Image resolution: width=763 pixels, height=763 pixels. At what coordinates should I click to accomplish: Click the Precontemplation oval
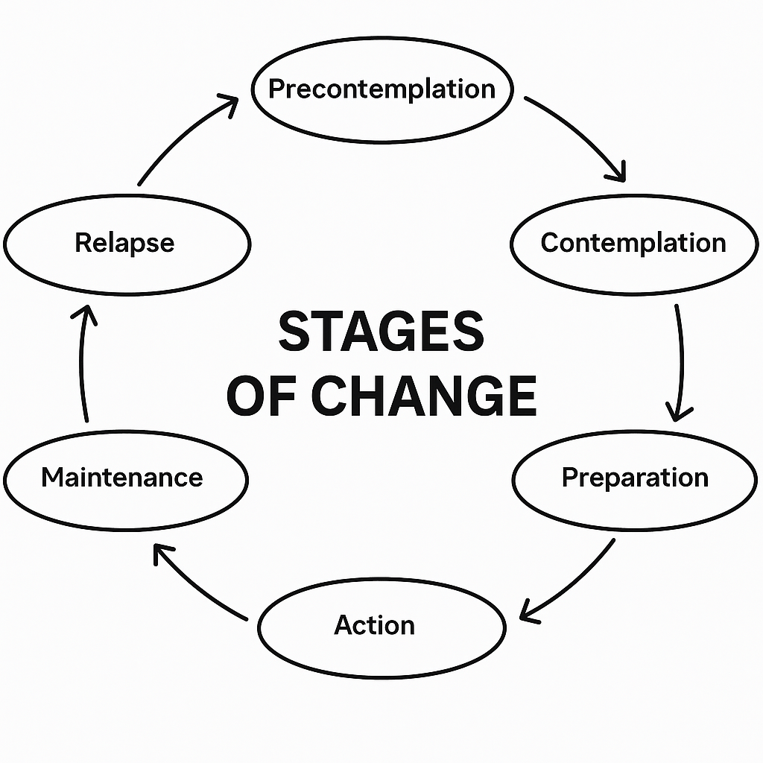tap(381, 89)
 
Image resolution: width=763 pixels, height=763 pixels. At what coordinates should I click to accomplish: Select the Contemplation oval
tap(633, 243)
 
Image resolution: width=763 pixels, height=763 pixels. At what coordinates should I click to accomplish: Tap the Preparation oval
tap(635, 477)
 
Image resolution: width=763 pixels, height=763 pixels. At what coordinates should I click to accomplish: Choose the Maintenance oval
tap(122, 477)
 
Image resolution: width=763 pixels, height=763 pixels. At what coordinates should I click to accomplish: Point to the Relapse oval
tap(125, 243)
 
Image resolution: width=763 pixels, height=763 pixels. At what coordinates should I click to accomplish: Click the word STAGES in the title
tap(381, 332)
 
